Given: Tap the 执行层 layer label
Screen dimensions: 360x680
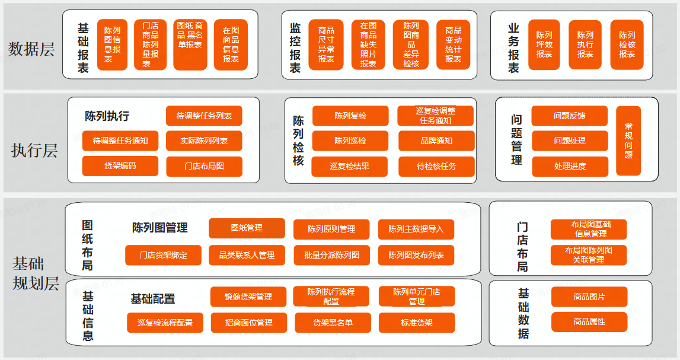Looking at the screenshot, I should (x=34, y=151).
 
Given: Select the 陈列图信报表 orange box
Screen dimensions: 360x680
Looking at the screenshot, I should (x=112, y=44).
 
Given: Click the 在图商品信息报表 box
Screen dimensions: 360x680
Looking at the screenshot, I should (x=231, y=44).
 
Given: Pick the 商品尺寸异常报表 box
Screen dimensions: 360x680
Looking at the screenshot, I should (x=325, y=44).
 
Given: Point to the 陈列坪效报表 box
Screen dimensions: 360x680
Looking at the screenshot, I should (x=544, y=44).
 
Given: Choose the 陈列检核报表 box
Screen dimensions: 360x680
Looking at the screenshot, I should (x=627, y=44).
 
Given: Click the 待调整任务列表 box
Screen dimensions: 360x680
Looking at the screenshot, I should (x=204, y=116).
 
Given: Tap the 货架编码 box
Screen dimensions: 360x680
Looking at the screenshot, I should (x=120, y=166).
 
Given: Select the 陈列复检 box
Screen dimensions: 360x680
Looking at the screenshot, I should (x=350, y=116).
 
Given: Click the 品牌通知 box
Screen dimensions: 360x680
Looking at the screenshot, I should (x=436, y=141).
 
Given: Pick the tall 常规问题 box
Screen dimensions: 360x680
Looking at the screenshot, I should (x=628, y=141).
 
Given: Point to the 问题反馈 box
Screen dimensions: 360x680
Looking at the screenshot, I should (x=569, y=116).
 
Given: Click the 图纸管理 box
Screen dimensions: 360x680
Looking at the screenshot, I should (x=246, y=228).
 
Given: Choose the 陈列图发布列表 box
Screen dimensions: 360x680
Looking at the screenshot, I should (x=416, y=255).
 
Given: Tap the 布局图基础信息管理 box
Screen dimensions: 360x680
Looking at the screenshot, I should (x=588, y=229).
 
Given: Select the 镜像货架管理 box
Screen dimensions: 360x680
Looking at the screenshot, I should (x=248, y=297).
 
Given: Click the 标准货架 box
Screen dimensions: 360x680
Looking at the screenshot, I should (x=416, y=323).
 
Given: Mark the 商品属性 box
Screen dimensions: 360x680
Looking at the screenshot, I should (x=589, y=321).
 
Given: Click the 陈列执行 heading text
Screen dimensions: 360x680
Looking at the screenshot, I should (x=107, y=116).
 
